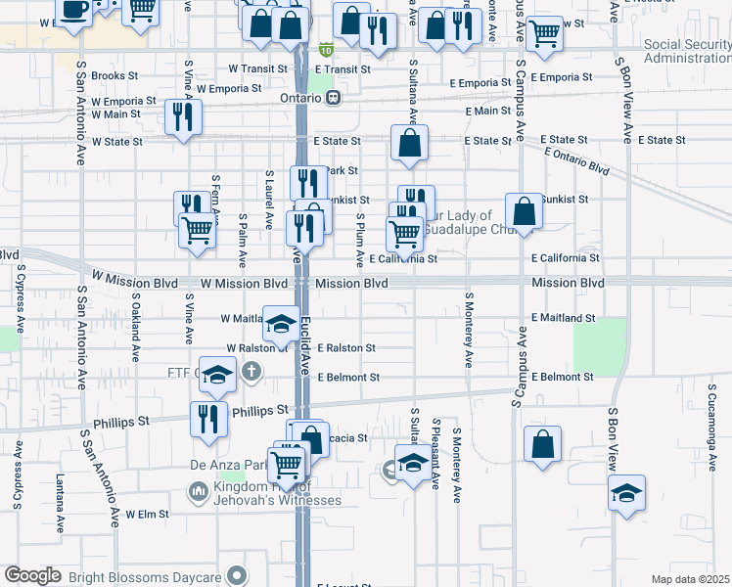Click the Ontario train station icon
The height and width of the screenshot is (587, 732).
tap(335, 98)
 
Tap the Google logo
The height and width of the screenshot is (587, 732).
tap(32, 575)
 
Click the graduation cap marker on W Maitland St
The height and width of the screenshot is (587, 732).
tap(281, 325)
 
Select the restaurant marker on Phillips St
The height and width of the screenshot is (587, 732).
tap(207, 419)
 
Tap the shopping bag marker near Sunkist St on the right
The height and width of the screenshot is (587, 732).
tap(525, 211)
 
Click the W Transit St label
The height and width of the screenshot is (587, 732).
tap(258, 69)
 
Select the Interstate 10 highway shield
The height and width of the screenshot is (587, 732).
tap(326, 49)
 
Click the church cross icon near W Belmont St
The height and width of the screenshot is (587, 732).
tap(252, 372)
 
